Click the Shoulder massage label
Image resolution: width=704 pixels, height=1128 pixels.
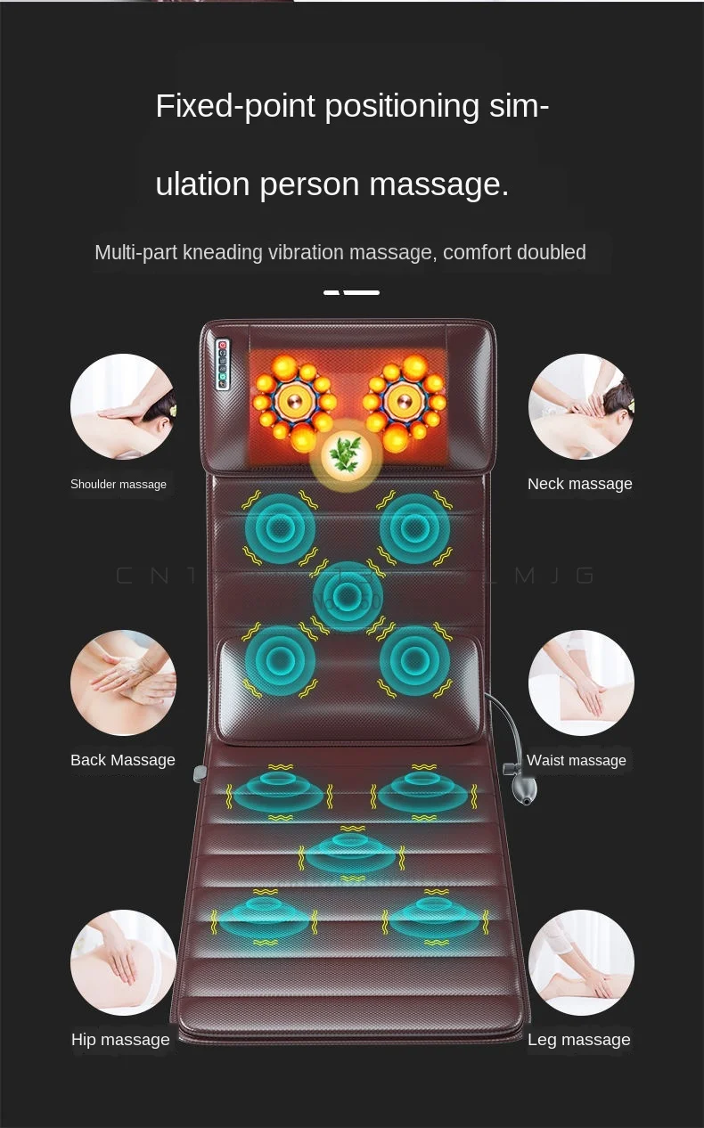[119, 484]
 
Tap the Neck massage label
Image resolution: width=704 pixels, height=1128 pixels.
[579, 484]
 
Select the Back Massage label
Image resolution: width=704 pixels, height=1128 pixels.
[123, 760]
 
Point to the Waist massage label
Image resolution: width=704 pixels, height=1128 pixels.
[576, 760]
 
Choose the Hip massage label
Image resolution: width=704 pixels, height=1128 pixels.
[120, 1040]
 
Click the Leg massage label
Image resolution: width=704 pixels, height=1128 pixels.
[578, 1040]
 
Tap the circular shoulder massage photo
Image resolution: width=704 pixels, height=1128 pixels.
[123, 407]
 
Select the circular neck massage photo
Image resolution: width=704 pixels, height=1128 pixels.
[581, 407]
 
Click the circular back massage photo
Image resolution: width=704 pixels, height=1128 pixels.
[123, 683]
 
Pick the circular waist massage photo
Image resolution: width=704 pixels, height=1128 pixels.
[581, 683]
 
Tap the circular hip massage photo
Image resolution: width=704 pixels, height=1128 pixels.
[123, 962]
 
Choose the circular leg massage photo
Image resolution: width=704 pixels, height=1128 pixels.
[581, 962]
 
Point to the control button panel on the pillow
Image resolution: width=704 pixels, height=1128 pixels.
[223, 364]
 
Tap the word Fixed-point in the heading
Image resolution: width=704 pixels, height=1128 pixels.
[235, 106]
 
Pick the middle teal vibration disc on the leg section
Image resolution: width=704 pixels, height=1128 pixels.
[352, 852]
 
